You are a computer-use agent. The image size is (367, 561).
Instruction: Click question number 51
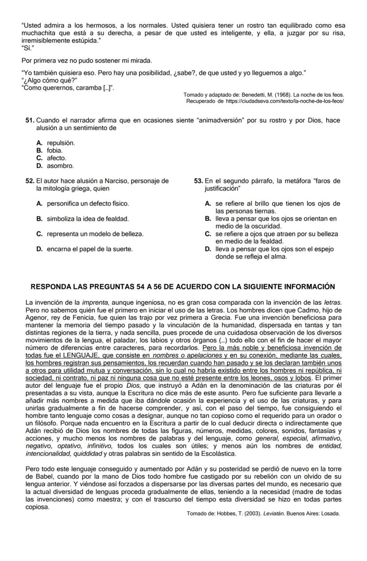click(30, 121)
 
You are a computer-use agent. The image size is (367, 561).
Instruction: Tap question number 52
click(30, 181)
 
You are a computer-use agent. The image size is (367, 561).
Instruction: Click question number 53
click(199, 181)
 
